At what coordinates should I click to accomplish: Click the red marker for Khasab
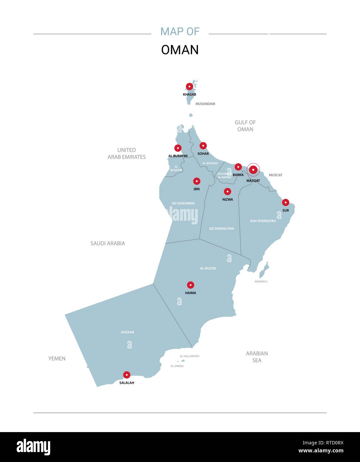coord(189,86)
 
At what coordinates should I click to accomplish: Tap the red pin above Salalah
coord(127,375)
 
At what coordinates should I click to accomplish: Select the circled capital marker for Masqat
coord(253,170)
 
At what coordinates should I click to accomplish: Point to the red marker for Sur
coord(286,202)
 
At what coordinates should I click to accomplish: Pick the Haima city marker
coord(190,285)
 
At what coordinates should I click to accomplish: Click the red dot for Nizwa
coord(227,191)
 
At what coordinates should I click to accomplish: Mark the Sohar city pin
coord(203,146)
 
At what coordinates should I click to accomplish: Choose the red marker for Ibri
coord(197,181)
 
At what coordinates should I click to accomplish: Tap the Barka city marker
coord(238,167)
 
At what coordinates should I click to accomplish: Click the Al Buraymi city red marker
coord(178,148)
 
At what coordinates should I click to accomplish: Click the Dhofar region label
coord(127,332)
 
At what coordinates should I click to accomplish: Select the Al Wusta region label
coord(208,268)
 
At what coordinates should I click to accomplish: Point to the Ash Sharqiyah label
coord(263,221)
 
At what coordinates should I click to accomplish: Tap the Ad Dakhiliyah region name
coord(221,229)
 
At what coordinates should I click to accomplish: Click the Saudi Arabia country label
coord(108,243)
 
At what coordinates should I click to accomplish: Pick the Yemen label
coord(57,358)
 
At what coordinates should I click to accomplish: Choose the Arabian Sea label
coord(257,357)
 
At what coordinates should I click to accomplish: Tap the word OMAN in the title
coord(180,50)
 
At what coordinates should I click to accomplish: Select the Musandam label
coord(205,104)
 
